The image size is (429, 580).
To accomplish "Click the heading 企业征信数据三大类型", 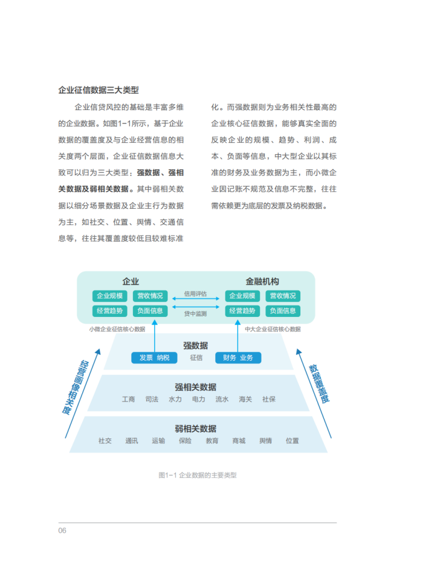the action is pos(98,90).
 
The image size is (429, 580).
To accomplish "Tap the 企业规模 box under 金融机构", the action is pos(242,296).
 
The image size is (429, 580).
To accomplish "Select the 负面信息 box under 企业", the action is pos(150,311).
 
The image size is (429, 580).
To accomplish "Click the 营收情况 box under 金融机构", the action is pos(283,296).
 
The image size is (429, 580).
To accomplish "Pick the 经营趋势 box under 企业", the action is pos(110,311).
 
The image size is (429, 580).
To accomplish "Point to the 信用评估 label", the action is pos(196,294).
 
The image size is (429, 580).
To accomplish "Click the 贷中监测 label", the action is pos(196,314).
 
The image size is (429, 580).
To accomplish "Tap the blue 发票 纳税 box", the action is pos(155,357).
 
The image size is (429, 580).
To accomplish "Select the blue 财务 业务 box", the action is pos(238,357).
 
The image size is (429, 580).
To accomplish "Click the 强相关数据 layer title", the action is pos(196,387).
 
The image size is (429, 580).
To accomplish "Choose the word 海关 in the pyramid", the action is pos(245,399).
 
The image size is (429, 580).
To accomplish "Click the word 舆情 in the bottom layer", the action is pos(266,440).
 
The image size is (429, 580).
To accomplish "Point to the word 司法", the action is pos(152,399).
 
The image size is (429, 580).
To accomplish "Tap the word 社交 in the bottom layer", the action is pos(105,440).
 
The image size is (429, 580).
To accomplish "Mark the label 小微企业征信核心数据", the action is pos(117,329).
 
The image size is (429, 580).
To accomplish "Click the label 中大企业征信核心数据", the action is pos(273,329).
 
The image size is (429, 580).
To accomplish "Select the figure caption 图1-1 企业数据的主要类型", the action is pos(198,475).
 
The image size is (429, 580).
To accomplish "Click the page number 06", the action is pos(62,530).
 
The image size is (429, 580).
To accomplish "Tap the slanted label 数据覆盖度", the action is pos(319,383).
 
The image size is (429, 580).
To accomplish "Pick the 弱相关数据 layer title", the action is pos(196,429).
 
